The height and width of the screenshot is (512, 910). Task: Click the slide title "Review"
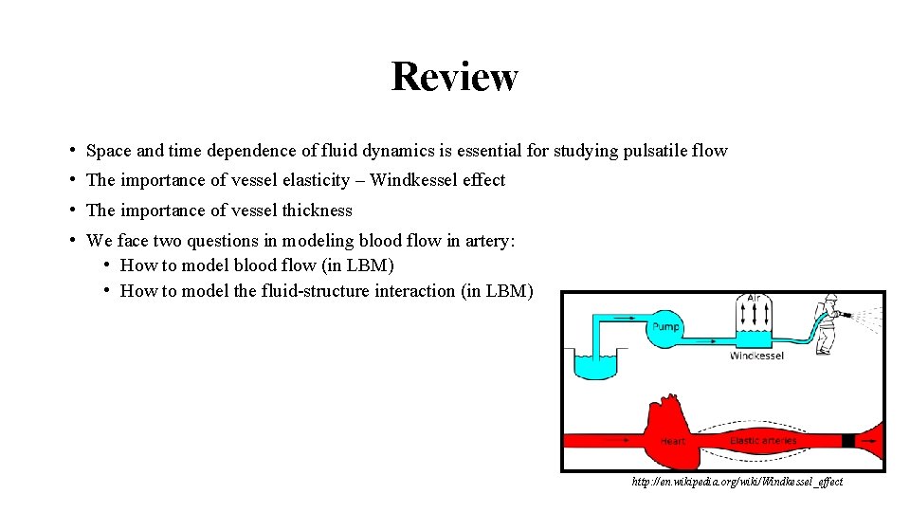[454, 76]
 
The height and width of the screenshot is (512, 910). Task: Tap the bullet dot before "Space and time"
[73, 151]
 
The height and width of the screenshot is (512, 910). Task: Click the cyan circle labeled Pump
[665, 328]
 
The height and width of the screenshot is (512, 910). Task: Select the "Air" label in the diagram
[755, 300]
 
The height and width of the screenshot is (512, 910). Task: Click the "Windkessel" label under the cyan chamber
[756, 357]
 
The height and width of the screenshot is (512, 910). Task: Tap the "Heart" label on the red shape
[674, 441]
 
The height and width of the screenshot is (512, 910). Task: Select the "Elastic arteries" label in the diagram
[764, 441]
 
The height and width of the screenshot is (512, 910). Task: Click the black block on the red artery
[848, 441]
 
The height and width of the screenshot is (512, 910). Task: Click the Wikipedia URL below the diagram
[737, 482]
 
